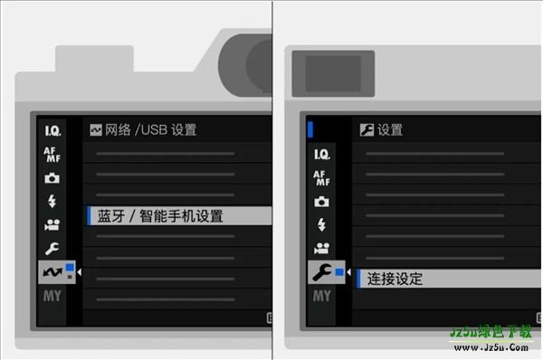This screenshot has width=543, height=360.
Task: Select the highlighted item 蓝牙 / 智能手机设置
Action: point(160,216)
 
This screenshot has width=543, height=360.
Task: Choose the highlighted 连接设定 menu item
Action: point(395,279)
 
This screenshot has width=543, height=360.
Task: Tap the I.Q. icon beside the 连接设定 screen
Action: point(322,154)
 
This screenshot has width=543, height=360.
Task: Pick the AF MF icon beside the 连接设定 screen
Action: point(322,177)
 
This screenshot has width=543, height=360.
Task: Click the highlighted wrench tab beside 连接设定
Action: point(323,271)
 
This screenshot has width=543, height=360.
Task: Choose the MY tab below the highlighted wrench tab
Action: point(322,296)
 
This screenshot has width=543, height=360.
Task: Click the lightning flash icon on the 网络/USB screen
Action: point(53,201)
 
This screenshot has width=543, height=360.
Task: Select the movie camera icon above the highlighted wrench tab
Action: point(322,248)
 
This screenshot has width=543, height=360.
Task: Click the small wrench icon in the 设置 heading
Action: point(366,129)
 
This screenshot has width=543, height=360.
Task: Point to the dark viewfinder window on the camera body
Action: point(333,71)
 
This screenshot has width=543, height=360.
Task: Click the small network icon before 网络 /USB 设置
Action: point(95,129)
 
